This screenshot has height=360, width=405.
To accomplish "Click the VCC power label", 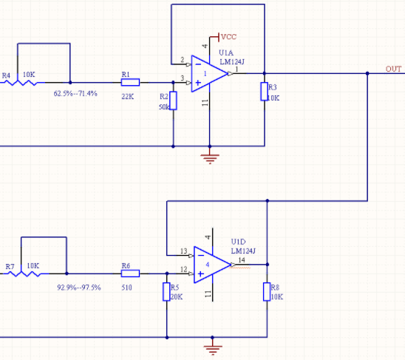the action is (229, 37).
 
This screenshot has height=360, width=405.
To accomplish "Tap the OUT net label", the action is (393, 69).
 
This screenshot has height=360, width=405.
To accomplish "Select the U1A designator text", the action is (226, 52).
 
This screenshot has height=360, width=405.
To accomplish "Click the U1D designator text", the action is (238, 242).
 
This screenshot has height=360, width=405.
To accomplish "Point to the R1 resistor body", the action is (130, 83).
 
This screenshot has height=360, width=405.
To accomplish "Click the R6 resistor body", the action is (130, 274).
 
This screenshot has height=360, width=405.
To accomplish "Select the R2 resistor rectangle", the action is (174, 101).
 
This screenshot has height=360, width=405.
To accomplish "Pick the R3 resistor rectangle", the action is (265, 92).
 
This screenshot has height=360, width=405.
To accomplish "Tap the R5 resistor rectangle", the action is (166, 292).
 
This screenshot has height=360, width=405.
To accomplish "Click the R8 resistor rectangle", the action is (267, 292).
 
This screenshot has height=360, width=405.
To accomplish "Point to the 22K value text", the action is (128, 97).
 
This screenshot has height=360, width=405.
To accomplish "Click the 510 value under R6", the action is (126, 288).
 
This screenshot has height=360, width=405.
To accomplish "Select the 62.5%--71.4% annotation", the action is (75, 94).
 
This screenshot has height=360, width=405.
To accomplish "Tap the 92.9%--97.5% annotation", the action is (79, 288).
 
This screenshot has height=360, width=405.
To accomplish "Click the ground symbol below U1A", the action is (210, 158).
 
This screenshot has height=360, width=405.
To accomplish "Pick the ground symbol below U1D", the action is (213, 350).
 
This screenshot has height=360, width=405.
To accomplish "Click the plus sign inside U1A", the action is (198, 83).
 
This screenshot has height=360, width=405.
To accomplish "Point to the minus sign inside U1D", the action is (201, 256).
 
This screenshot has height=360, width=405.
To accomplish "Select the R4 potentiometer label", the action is (6, 75).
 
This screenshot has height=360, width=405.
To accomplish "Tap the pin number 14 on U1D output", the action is (242, 260).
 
